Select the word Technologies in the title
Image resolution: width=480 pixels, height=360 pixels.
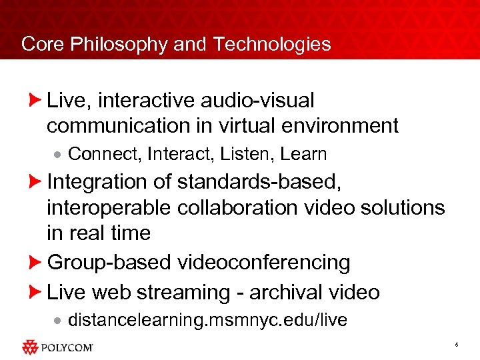(272, 44)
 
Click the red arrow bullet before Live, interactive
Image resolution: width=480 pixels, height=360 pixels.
(37, 101)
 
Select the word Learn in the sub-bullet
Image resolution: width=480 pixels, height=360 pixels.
(303, 154)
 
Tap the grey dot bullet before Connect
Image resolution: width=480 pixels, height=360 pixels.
(58, 155)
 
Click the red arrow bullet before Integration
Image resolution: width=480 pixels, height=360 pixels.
(37, 181)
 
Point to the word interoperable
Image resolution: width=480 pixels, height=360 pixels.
(109, 207)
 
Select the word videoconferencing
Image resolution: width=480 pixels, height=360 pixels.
(263, 263)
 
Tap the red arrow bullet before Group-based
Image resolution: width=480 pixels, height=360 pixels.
(37, 263)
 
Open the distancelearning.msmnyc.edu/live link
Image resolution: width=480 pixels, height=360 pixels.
(207, 320)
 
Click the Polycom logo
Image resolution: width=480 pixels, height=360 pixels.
(57, 347)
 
